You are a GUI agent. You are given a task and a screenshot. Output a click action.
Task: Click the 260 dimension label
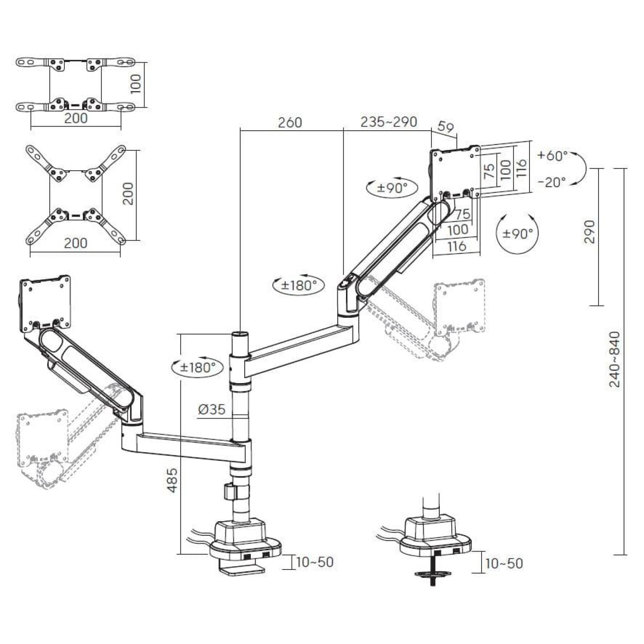click(290, 123)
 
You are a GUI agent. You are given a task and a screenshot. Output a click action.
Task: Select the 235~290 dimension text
click(389, 122)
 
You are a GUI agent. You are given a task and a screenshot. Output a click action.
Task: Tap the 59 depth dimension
click(445, 127)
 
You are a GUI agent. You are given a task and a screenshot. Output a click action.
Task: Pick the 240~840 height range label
click(615, 359)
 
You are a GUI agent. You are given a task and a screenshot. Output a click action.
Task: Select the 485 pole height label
click(172, 480)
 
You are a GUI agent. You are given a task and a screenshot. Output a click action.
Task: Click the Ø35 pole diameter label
click(212, 409)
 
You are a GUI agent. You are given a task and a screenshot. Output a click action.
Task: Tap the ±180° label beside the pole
click(198, 368)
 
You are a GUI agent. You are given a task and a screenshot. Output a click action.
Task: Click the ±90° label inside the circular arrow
click(517, 234)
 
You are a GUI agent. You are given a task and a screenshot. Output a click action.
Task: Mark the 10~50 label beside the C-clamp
click(315, 562)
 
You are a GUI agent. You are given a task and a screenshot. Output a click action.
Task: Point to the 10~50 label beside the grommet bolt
click(504, 563)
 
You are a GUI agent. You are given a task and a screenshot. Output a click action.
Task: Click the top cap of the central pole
click(240, 335)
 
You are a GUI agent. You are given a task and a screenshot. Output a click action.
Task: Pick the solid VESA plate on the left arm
click(45, 304)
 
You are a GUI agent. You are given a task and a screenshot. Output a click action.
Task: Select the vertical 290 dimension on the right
click(590, 232)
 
